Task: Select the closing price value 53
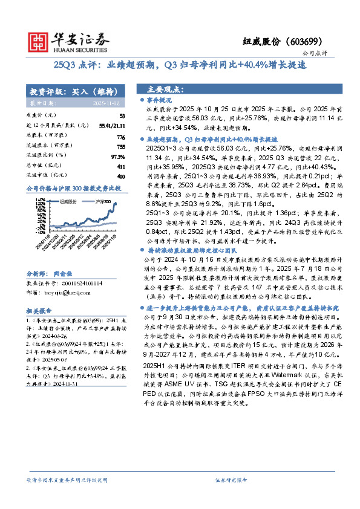click(x=122, y=115)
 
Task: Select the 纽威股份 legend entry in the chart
click(x=68, y=201)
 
